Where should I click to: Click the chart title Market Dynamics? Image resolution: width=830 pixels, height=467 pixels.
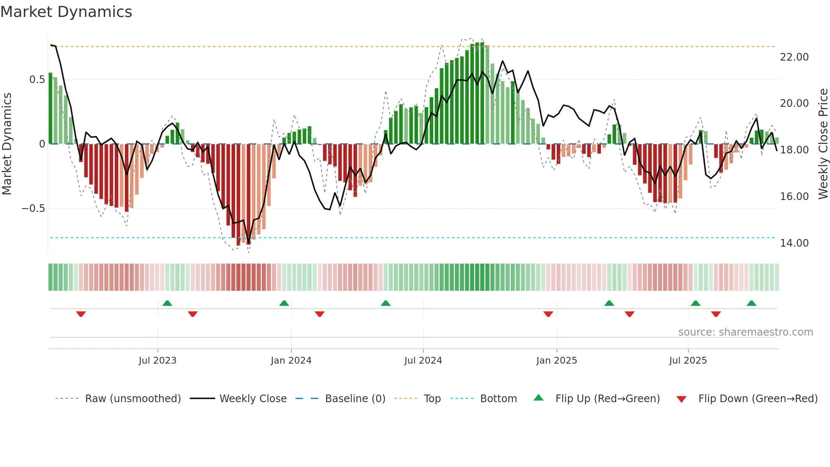click(66, 12)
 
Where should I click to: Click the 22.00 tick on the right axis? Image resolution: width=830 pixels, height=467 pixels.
click(794, 57)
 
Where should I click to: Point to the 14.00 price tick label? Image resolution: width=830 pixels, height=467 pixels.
click(794, 243)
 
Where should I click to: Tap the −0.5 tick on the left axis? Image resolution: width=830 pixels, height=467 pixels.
click(33, 208)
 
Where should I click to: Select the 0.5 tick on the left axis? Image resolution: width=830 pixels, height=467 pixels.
click(37, 80)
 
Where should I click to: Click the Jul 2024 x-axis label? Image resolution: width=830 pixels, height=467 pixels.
click(423, 361)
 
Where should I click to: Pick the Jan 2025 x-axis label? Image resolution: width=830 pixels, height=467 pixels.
click(556, 361)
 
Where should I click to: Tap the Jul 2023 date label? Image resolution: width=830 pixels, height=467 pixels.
click(157, 361)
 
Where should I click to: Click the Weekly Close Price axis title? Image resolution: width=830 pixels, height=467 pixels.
click(823, 144)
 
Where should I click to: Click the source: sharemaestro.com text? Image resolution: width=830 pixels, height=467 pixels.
click(745, 332)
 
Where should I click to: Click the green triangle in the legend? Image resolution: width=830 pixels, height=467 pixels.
click(538, 398)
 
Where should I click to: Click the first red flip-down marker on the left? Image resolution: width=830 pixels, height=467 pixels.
click(81, 314)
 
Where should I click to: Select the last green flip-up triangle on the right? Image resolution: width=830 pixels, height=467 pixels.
click(751, 303)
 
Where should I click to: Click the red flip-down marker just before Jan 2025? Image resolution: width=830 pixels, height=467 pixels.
click(548, 314)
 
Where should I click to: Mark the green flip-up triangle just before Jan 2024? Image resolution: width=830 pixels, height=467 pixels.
click(284, 303)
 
